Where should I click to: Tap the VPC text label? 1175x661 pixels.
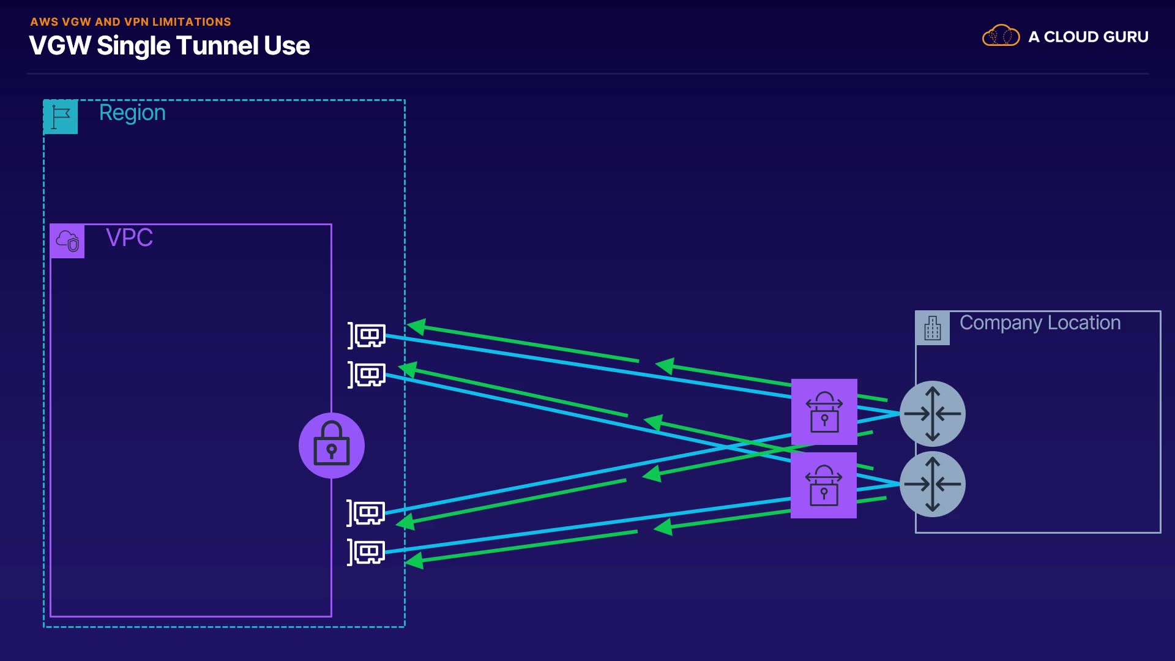(129, 237)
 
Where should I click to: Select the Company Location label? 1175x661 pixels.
(1040, 323)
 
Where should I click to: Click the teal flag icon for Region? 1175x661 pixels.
(61, 117)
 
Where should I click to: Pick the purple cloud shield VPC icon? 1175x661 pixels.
(67, 241)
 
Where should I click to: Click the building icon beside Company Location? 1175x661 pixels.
(933, 328)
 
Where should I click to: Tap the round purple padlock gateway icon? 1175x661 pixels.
(332, 446)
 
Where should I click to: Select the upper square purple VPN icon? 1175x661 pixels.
(824, 412)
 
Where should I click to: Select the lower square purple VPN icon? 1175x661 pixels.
(824, 485)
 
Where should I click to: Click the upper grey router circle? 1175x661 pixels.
(933, 414)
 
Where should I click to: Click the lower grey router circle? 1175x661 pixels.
(933, 484)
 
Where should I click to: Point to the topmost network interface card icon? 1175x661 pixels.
(367, 335)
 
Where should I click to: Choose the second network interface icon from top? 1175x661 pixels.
(367, 375)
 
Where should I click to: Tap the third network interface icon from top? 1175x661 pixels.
(366, 513)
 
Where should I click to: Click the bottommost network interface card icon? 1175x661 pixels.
(366, 553)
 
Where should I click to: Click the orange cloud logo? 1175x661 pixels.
(1001, 35)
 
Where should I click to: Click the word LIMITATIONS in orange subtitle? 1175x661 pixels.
(192, 22)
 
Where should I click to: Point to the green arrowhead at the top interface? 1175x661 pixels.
(417, 327)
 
